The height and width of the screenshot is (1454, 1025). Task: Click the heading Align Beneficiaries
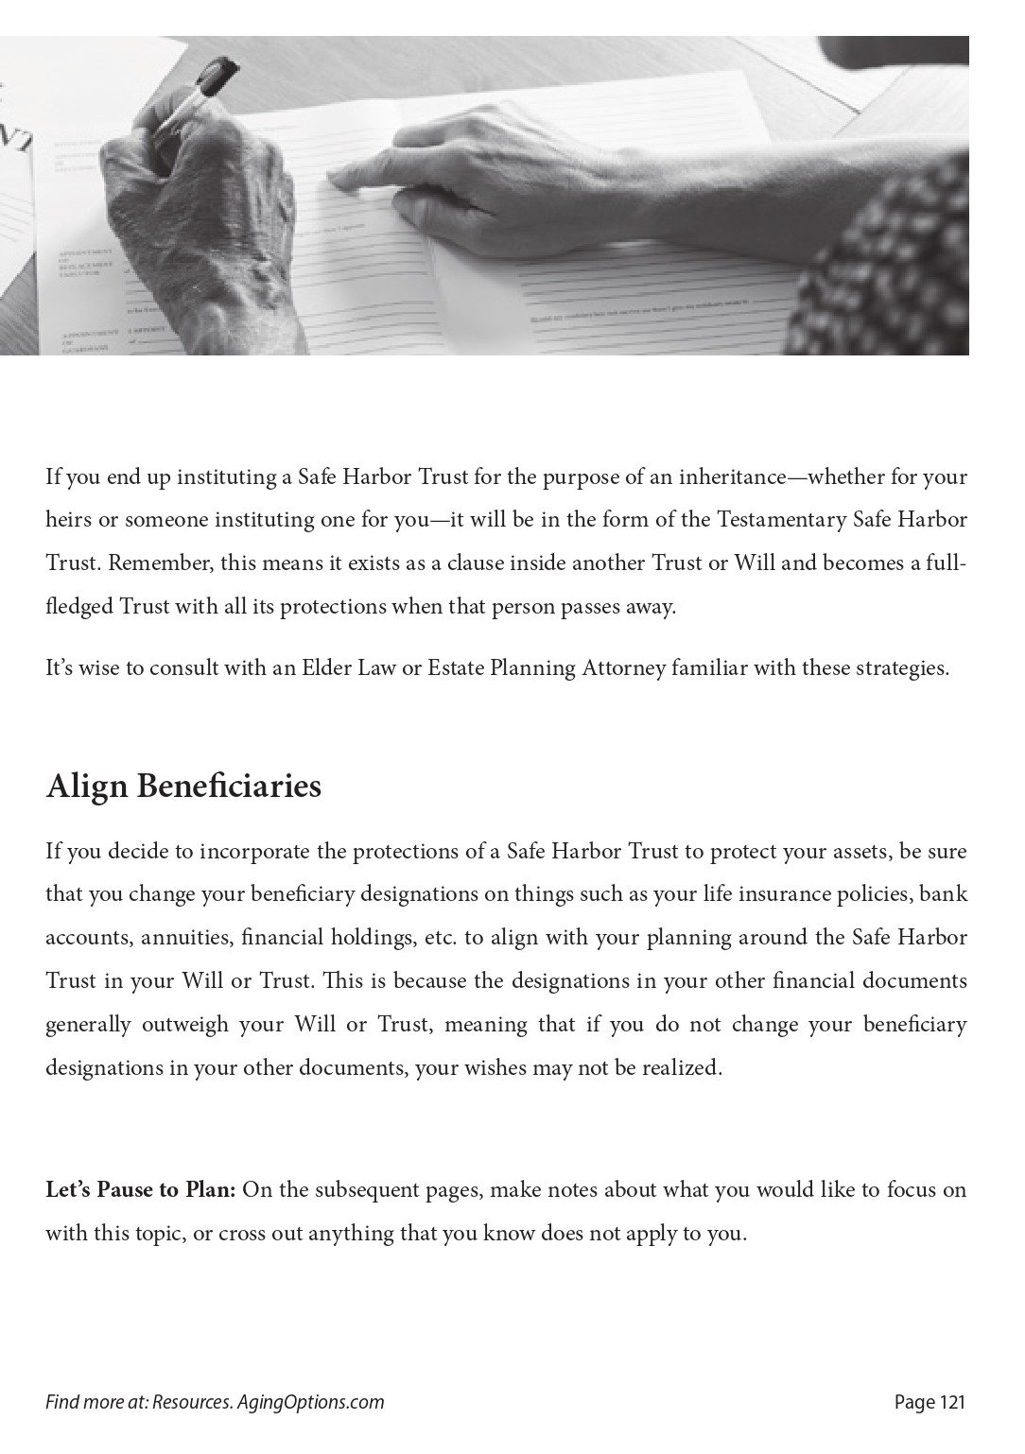click(x=183, y=787)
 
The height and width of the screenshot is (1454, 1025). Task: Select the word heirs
click(x=67, y=519)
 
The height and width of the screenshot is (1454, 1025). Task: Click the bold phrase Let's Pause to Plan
click(x=140, y=1189)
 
